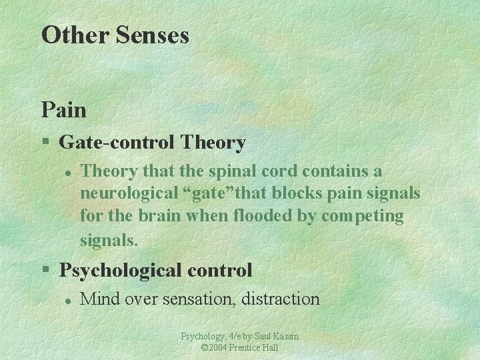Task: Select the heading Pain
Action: click(x=64, y=109)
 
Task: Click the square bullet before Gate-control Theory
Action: click(x=45, y=142)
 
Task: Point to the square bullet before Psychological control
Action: click(x=45, y=270)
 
